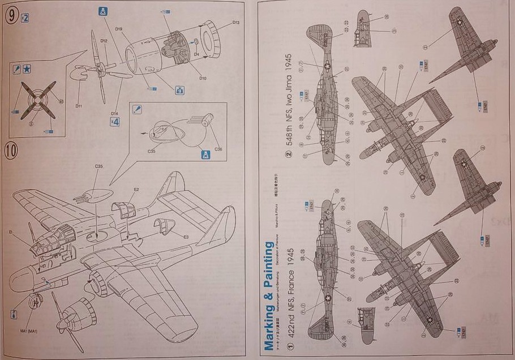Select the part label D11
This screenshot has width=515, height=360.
pyautogui.click(x=79, y=105)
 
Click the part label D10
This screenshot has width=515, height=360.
pyautogui.click(x=203, y=78)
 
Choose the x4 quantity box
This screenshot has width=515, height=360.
pyautogui.click(x=115, y=121)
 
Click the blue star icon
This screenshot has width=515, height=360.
pyautogui.click(x=28, y=70)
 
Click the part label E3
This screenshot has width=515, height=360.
pyautogui.click(x=186, y=236)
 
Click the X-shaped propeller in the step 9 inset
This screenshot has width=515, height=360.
pyautogui.click(x=37, y=100)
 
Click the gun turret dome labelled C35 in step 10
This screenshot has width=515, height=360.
pyautogui.click(x=91, y=185)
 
